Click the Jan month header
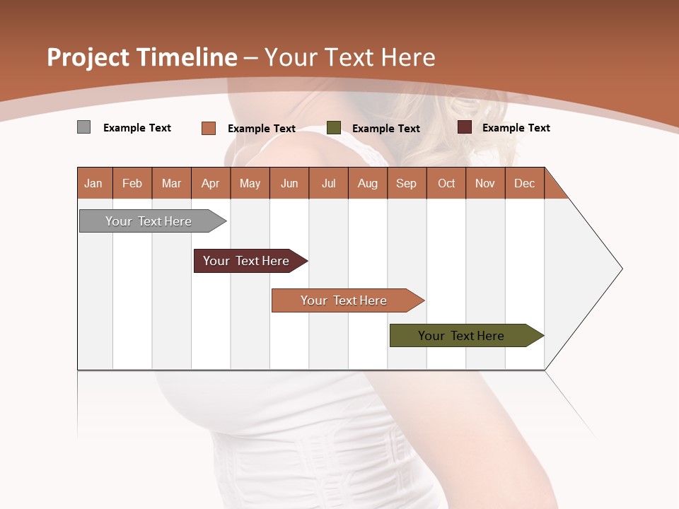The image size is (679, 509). tap(93, 183)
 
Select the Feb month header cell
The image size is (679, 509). tap(132, 183)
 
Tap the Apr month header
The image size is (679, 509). tap(210, 183)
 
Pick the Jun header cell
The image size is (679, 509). tap(289, 183)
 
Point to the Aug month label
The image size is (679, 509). tap(368, 183)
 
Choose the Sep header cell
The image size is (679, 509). tap(406, 183)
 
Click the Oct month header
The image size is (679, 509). tap(446, 183)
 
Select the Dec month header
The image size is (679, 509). tap(525, 183)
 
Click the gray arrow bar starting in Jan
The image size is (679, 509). tap(149, 221)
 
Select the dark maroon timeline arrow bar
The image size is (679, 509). tap(246, 261)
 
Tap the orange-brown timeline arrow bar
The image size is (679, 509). tap(344, 300)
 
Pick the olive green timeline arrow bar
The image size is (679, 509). tap(461, 336)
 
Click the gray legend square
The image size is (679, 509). tap(83, 127)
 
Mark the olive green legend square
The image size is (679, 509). tap(334, 128)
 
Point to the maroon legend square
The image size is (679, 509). tap(465, 127)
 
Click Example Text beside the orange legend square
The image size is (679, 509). tap(262, 129)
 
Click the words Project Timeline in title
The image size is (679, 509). tap(141, 57)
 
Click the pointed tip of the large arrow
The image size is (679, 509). tap(620, 269)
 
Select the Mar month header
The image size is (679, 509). tap(171, 183)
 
